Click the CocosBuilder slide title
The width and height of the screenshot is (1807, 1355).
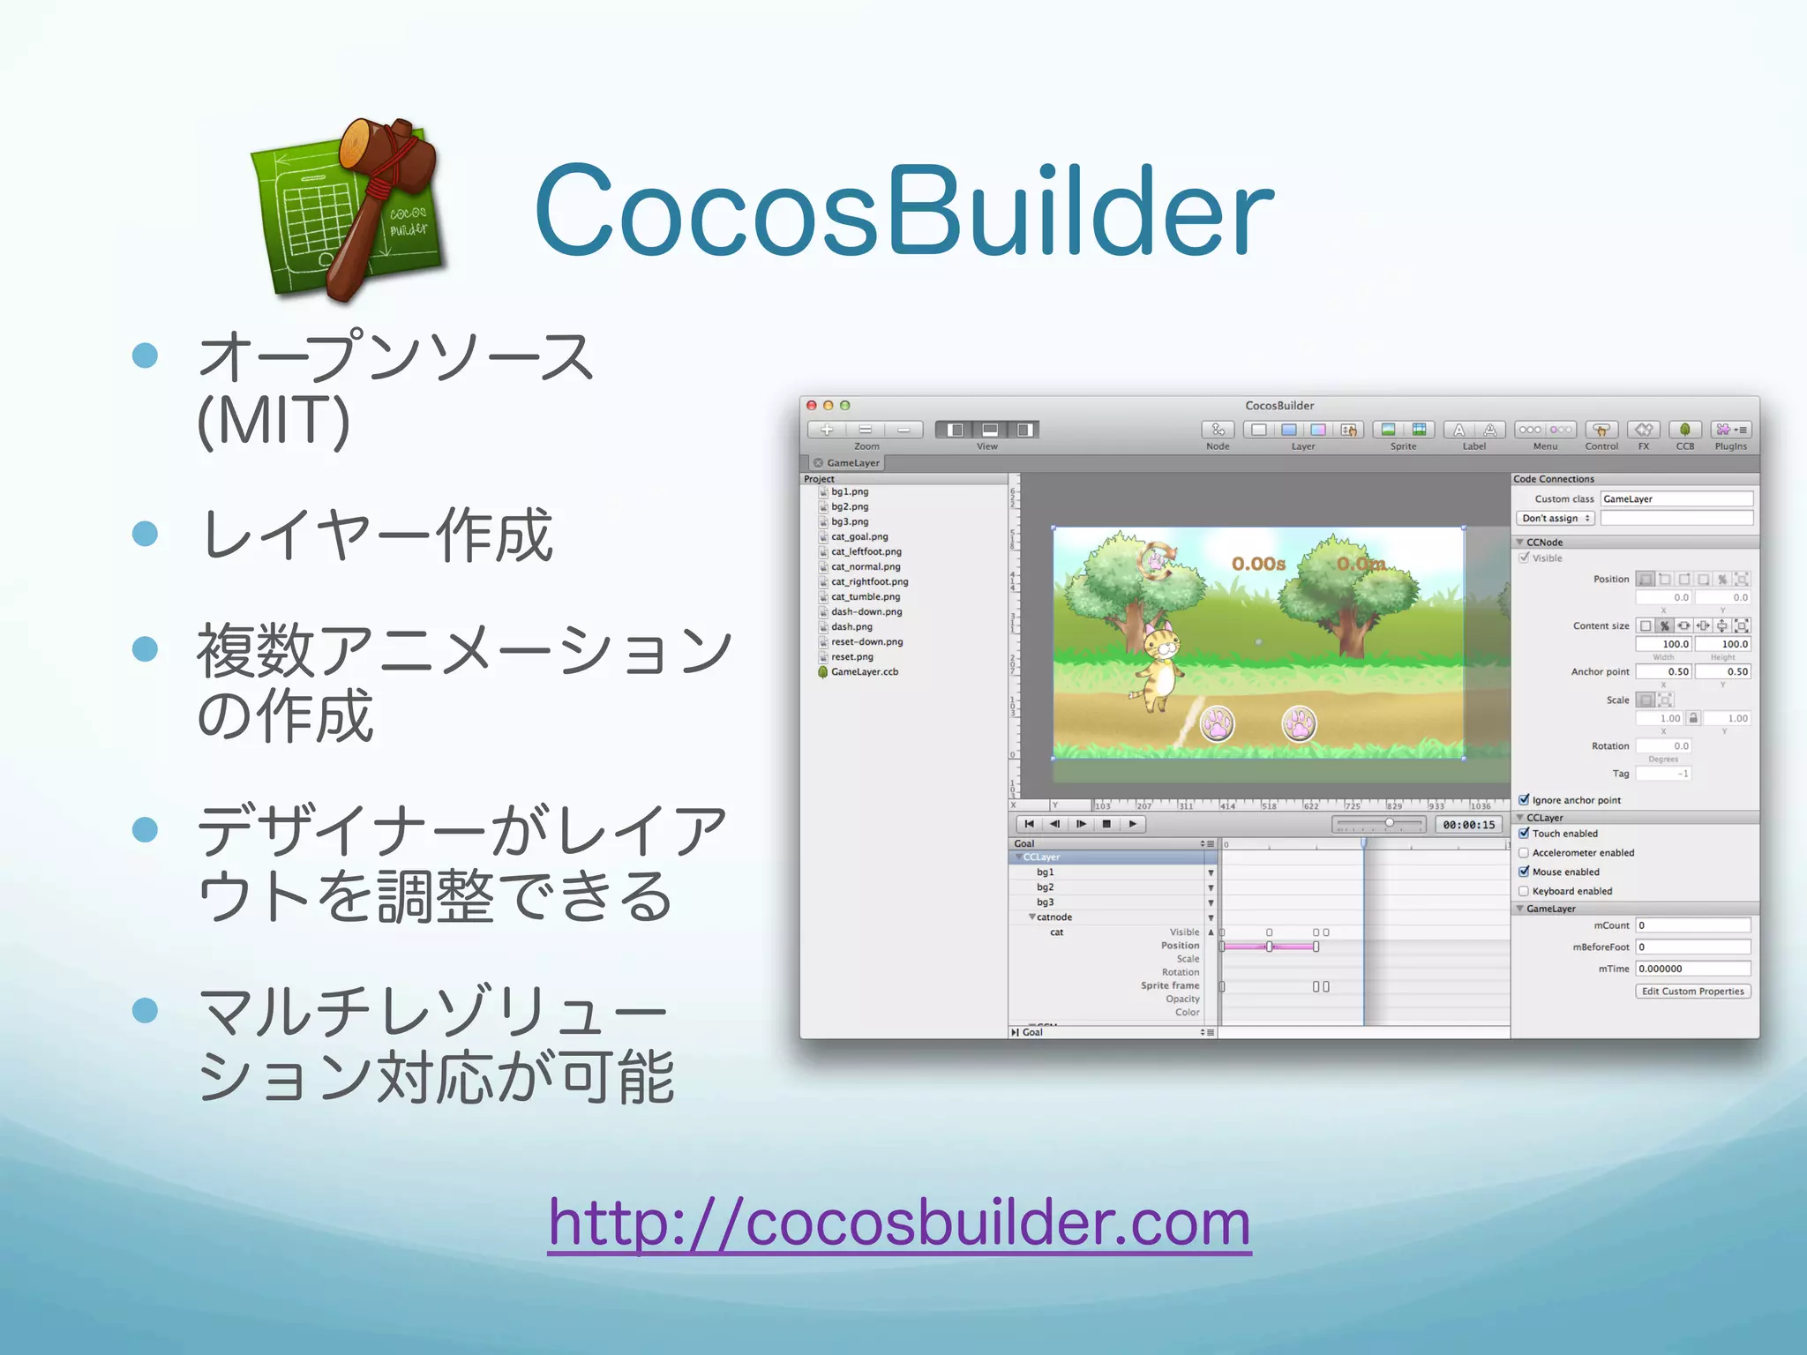(903, 212)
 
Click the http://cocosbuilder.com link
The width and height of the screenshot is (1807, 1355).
(899, 1223)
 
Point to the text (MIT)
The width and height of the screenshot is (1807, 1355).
(274, 421)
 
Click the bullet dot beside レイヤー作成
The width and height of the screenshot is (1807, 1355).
(145, 534)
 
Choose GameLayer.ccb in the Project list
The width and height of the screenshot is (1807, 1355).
(864, 672)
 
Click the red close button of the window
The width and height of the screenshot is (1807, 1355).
(812, 406)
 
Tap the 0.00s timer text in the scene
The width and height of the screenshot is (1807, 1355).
(1258, 564)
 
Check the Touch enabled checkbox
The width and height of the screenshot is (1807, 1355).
(1524, 833)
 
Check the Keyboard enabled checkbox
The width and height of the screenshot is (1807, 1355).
(1524, 891)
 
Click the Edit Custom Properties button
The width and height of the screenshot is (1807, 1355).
(1692, 992)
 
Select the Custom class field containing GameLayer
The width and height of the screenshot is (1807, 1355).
(1676, 499)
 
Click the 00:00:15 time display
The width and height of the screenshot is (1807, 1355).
(1468, 825)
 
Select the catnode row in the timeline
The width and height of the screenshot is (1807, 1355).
(1054, 917)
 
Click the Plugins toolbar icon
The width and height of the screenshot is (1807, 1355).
(1730, 430)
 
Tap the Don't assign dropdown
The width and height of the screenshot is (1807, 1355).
(1556, 519)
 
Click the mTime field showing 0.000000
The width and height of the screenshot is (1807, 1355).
(1691, 969)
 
